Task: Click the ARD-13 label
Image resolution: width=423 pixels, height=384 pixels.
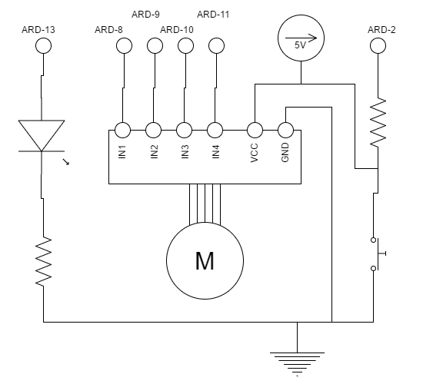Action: tap(38, 30)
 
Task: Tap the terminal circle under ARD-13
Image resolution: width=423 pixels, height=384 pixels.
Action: tap(43, 45)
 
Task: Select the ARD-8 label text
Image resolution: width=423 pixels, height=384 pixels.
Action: tap(108, 30)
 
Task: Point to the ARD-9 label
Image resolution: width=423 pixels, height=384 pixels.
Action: tap(145, 15)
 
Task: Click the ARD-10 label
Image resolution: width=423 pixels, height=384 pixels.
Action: tap(177, 30)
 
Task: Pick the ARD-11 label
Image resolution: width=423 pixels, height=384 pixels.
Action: tap(213, 15)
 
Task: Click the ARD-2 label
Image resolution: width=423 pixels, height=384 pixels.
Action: tap(381, 30)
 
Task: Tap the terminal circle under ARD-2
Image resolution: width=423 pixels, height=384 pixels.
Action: tap(378, 45)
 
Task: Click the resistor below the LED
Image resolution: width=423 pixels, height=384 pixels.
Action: tap(43, 261)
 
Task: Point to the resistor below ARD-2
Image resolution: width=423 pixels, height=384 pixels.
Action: tap(378, 123)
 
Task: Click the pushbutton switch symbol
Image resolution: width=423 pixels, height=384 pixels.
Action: tap(378, 254)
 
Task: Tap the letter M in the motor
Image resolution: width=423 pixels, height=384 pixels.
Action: tap(205, 261)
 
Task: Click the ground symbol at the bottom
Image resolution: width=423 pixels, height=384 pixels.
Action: tap(298, 363)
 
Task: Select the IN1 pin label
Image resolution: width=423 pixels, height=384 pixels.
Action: tap(122, 152)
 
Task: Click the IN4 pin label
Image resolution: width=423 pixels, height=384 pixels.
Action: tap(216, 152)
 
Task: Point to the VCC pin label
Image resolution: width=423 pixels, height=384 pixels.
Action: tap(255, 153)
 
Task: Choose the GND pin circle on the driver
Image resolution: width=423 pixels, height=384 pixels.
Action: tap(285, 130)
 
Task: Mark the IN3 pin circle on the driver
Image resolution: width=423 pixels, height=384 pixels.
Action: tap(184, 130)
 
